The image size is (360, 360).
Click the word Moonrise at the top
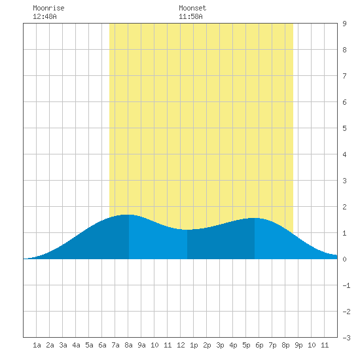pyautogui.click(x=48, y=8)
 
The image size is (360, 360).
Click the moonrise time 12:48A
pyautogui.click(x=45, y=16)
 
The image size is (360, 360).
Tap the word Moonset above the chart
pyautogui.click(x=192, y=8)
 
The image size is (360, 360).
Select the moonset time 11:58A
pyautogui.click(x=190, y=16)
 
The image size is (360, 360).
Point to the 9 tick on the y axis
pyautogui.click(x=344, y=24)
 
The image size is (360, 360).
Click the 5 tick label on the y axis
pyautogui.click(x=344, y=128)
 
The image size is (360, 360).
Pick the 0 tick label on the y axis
pyautogui.click(x=344, y=259)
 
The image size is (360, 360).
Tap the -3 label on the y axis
pyautogui.click(x=346, y=338)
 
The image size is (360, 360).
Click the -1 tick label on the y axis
pyautogui.click(x=346, y=285)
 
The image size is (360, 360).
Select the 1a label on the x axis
pyautogui.click(x=37, y=345)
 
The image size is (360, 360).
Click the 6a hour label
pyautogui.click(x=102, y=345)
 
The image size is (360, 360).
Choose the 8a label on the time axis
pyautogui.click(x=128, y=345)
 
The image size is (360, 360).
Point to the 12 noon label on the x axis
pyautogui.click(x=181, y=345)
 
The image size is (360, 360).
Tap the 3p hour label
pyautogui.click(x=220, y=345)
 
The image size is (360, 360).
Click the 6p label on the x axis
pyautogui.click(x=259, y=345)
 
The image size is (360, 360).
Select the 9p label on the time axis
pyautogui.click(x=298, y=345)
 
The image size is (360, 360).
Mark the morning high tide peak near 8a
pyautogui.click(x=127, y=215)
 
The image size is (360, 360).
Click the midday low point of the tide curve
pyautogui.click(x=187, y=229)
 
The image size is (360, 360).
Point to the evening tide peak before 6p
pyautogui.click(x=253, y=218)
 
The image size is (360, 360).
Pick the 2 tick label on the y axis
pyautogui.click(x=344, y=207)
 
